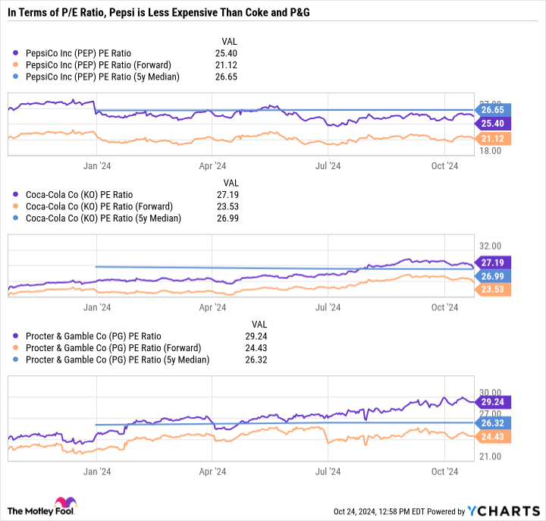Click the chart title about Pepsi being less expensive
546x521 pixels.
pos(159,13)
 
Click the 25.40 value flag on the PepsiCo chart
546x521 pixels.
pos(493,123)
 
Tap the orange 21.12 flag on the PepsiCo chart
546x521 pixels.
pos(493,138)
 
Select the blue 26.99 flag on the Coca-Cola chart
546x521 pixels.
pos(493,275)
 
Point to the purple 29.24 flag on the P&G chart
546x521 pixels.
pos(493,401)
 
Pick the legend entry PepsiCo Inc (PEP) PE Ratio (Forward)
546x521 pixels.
pos(99,64)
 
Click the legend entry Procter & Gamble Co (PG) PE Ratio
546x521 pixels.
pos(93,336)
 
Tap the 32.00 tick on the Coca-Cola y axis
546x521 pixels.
pos(491,246)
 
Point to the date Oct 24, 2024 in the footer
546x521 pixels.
pos(357,512)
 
